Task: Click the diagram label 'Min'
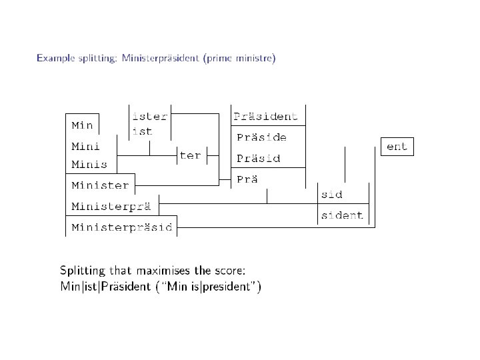[x=82, y=125]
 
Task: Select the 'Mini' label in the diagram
[x=86, y=145]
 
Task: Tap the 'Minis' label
[x=89, y=164]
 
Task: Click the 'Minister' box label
[x=100, y=185]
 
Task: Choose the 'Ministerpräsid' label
[x=121, y=227]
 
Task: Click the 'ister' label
[x=150, y=116]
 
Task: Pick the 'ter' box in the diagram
[x=190, y=155]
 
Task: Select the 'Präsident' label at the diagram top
[x=266, y=117]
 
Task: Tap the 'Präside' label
[x=262, y=137]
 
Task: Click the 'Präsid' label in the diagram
[x=259, y=159]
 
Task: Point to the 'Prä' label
[x=248, y=179]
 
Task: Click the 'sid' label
[x=331, y=195]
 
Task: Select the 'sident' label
[x=342, y=215]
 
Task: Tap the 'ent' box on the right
[x=397, y=147]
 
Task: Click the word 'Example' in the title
[x=53, y=59]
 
